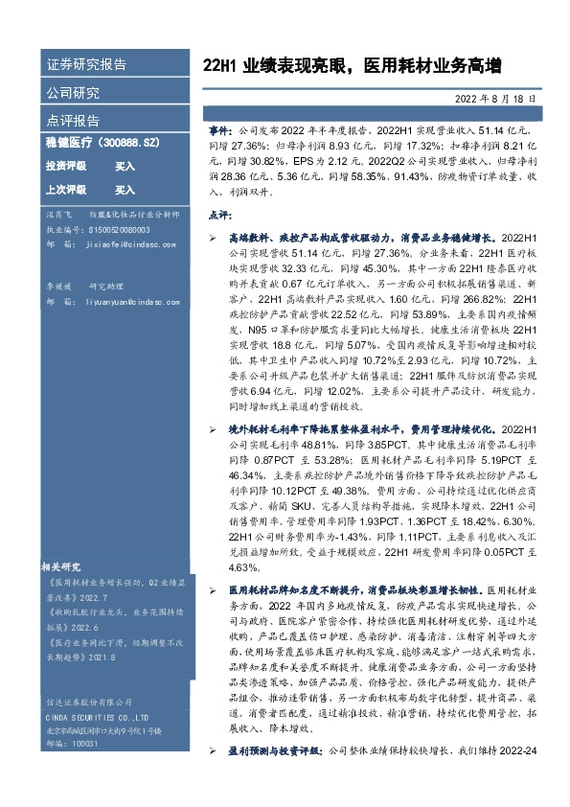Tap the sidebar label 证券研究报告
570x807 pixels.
pyautogui.click(x=86, y=65)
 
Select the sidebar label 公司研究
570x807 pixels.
pyautogui.click(x=73, y=93)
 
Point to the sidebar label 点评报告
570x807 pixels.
pyautogui.click(x=73, y=121)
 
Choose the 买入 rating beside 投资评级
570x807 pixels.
pyautogui.click(x=125, y=166)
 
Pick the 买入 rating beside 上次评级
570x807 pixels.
pyautogui.click(x=125, y=190)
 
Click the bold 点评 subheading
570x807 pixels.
pyautogui.click(x=220, y=216)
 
